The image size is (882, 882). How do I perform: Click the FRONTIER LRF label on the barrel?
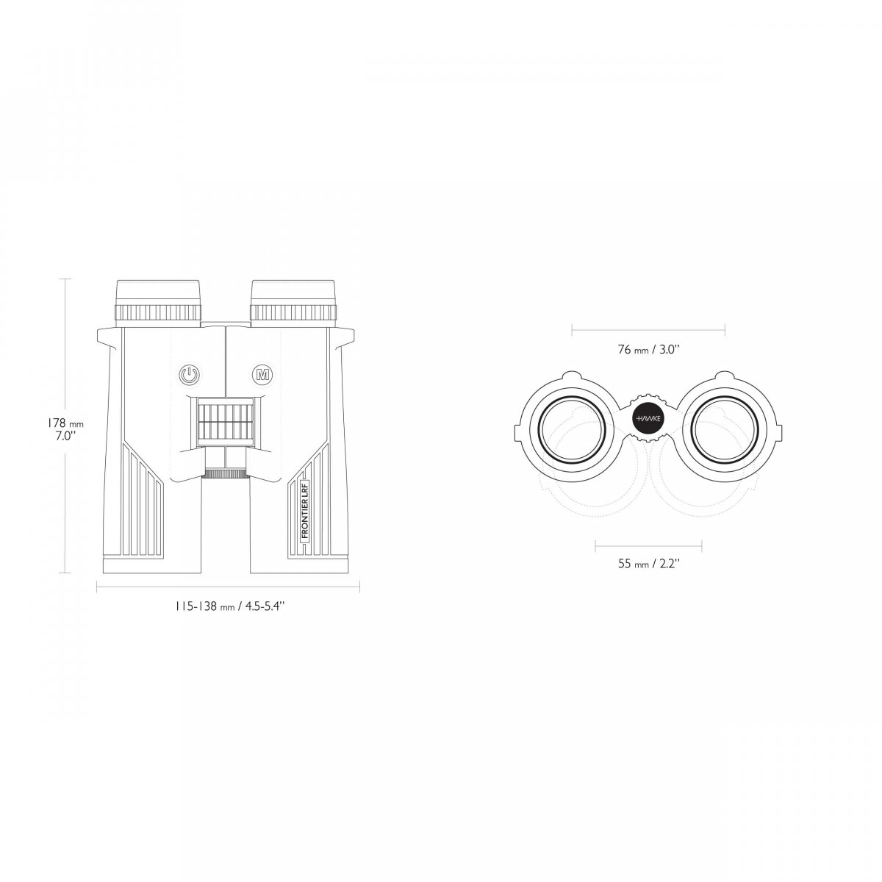305,512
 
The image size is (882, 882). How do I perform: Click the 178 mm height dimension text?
65,423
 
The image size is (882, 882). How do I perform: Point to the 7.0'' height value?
65,436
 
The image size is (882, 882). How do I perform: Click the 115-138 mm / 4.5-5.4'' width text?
230,606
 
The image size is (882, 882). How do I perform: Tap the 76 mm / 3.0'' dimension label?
648,350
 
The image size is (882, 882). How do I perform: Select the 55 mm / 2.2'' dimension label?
648,564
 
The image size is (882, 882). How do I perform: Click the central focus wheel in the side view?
225,422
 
